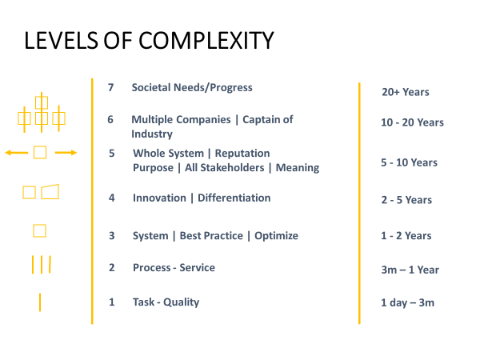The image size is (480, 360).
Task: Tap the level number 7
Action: pyautogui.click(x=111, y=87)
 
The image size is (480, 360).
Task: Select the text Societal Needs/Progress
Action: pyautogui.click(x=192, y=87)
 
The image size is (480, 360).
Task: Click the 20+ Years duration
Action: pyautogui.click(x=406, y=92)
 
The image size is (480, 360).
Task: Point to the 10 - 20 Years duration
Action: pyautogui.click(x=412, y=122)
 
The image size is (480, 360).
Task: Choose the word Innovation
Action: pyautogui.click(x=162, y=198)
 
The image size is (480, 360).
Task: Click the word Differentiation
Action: pyautogui.click(x=234, y=198)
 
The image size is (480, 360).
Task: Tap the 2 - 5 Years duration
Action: pyautogui.click(x=406, y=200)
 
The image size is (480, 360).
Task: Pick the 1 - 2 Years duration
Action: pyautogui.click(x=406, y=235)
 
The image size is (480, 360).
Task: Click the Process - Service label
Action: pyautogui.click(x=174, y=267)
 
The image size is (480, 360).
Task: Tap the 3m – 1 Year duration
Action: pyautogui.click(x=410, y=270)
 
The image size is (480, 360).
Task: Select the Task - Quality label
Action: pyautogui.click(x=166, y=302)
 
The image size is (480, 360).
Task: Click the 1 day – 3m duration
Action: pyautogui.click(x=407, y=302)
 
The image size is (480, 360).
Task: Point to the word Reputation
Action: pyautogui.click(x=242, y=153)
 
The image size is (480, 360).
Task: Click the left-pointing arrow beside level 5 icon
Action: pyautogui.click(x=16, y=152)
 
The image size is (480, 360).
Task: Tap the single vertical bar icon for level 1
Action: pyautogui.click(x=40, y=302)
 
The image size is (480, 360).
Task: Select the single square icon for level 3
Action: pyautogui.click(x=39, y=231)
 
